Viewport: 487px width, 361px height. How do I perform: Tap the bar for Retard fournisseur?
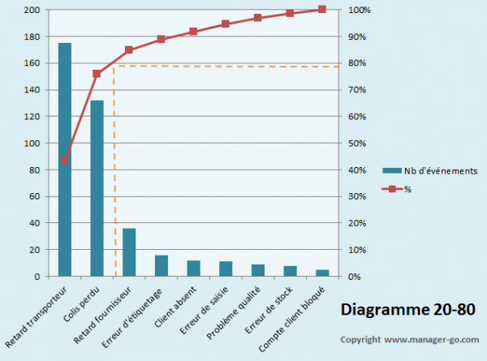(x=129, y=252)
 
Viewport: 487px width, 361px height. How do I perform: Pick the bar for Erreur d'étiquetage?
(x=162, y=266)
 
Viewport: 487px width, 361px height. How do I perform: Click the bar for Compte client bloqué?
(x=322, y=273)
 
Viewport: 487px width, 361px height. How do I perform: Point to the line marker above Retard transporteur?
(x=65, y=160)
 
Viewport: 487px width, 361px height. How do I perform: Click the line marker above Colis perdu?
(x=97, y=74)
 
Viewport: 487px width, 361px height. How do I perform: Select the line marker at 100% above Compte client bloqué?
(x=322, y=9)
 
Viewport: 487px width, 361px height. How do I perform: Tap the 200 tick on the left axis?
(x=32, y=10)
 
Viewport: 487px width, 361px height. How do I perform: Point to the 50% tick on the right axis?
(x=359, y=143)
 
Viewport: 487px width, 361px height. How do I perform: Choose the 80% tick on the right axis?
(x=359, y=63)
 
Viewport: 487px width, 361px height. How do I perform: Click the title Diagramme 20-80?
(x=403, y=309)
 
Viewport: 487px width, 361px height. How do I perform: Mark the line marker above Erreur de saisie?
(x=226, y=24)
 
